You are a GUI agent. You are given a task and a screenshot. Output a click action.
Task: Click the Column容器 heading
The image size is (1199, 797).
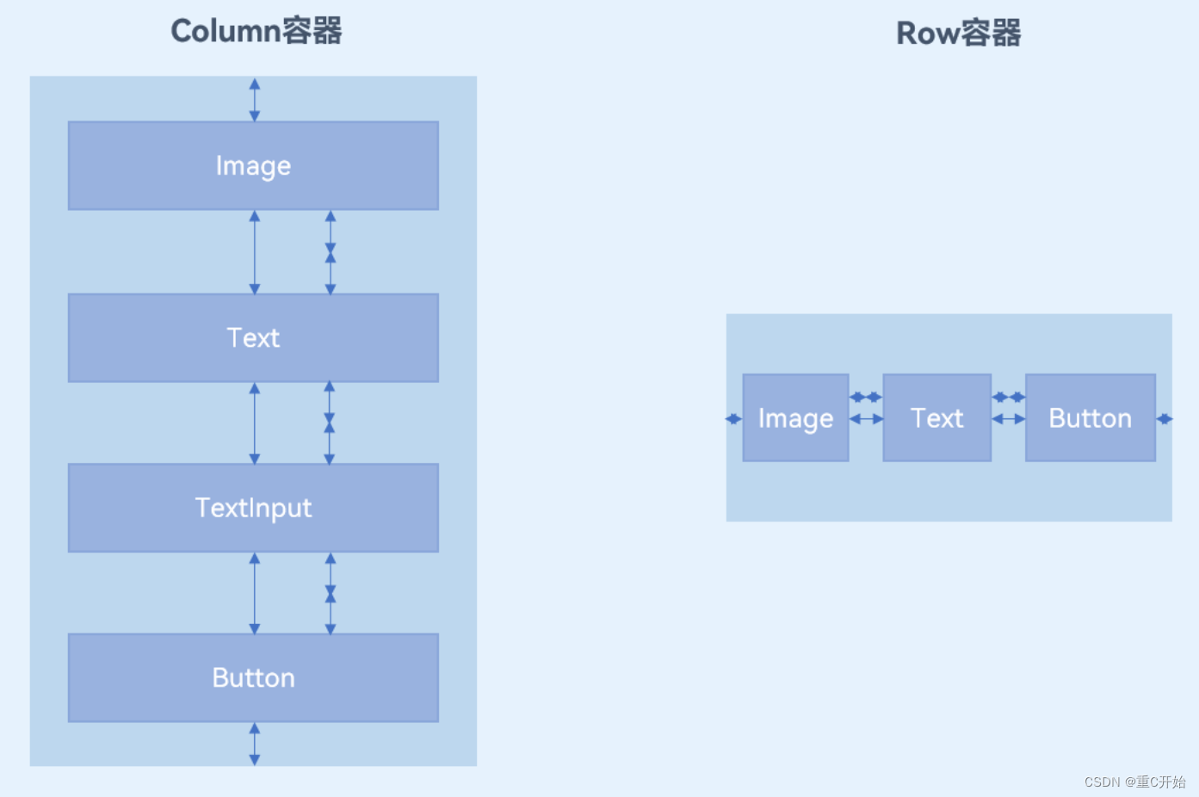[x=256, y=31]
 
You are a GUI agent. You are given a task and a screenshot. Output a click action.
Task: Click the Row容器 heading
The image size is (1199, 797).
[x=958, y=34]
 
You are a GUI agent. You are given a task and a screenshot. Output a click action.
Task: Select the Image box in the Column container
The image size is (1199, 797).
[x=253, y=165]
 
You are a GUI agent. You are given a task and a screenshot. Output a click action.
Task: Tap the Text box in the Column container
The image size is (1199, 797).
[x=253, y=337]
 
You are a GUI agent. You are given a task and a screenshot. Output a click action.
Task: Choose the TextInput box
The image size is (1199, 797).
[x=253, y=508]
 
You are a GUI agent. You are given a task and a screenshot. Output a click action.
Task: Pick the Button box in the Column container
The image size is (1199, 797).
[x=253, y=677]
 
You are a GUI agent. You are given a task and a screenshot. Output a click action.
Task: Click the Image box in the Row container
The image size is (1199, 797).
[x=795, y=418]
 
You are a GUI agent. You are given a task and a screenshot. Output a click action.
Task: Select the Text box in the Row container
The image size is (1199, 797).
[x=936, y=418]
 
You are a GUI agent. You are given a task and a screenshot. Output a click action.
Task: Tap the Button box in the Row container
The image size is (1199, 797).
[x=1090, y=418]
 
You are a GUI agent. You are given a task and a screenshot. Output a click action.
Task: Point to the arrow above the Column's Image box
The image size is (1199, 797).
[x=254, y=100]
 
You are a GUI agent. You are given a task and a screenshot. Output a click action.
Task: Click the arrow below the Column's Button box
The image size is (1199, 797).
[x=254, y=744]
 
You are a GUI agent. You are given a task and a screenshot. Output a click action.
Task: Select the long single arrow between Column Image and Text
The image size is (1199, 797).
[x=254, y=252]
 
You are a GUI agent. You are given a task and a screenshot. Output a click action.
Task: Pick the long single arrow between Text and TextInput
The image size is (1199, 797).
[x=254, y=423]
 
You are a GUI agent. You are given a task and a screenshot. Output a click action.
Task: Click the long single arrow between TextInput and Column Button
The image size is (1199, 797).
[x=254, y=593]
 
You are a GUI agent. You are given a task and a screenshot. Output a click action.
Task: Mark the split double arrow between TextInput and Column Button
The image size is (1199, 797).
[x=330, y=593]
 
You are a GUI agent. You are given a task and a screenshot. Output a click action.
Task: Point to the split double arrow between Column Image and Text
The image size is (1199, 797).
[x=330, y=252]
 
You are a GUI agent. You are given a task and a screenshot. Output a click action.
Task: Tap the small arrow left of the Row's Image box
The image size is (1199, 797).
[x=733, y=419]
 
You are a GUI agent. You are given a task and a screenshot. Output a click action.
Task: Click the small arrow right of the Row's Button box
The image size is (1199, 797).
[x=1164, y=419]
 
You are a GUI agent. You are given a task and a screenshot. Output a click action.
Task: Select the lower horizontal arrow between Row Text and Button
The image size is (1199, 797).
[x=1008, y=419]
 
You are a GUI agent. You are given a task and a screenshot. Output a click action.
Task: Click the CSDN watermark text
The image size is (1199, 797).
[x=1134, y=782]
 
